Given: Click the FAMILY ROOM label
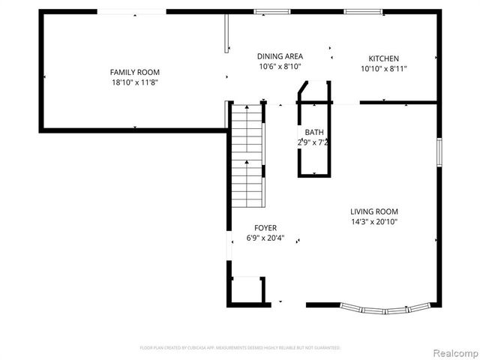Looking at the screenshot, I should [134, 72].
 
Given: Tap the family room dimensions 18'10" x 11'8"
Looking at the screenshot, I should [134, 82].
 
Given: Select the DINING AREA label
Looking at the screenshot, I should [280, 56].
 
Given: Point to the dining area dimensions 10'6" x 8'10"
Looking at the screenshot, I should [280, 67].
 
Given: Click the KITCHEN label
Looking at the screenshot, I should [383, 58].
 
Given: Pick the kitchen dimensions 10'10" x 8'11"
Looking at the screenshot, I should [383, 69].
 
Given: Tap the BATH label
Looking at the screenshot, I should [314, 131].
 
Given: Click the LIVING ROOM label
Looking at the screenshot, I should [374, 211].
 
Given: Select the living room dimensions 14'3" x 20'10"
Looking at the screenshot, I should [374, 222].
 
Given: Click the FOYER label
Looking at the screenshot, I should [265, 228].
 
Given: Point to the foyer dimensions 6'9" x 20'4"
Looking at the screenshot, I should [265, 238].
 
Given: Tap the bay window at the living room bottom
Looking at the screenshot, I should [385, 307].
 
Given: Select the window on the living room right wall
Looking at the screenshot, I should [440, 149].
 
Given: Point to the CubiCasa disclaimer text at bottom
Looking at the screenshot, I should [240, 348].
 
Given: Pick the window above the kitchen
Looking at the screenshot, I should [357, 11].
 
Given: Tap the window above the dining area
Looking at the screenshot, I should [266, 11].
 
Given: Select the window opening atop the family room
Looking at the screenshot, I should [131, 11].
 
